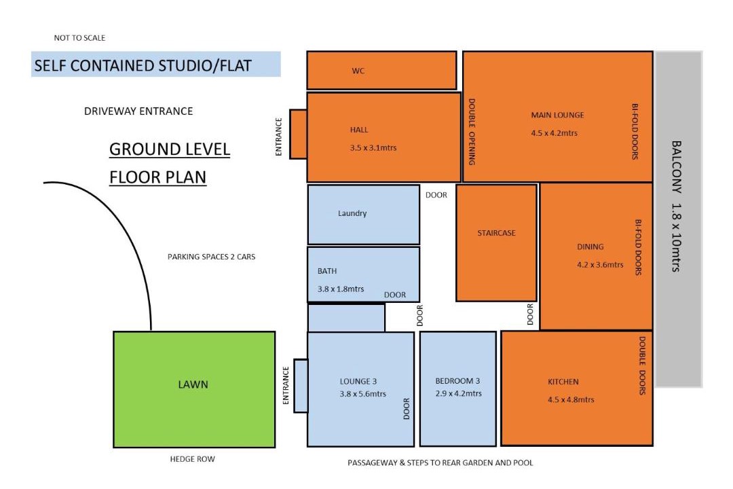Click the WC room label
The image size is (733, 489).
358,71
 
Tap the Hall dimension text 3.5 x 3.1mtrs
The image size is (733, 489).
373,147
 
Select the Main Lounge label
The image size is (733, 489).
557,115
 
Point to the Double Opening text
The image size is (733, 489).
472,132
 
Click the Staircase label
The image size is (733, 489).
496,232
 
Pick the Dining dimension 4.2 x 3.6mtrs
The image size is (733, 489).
600,264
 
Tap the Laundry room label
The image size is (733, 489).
352,213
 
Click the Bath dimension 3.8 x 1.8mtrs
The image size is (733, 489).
340,289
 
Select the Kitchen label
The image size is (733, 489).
563,382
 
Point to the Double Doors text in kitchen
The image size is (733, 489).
642,365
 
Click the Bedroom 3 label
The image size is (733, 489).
457,381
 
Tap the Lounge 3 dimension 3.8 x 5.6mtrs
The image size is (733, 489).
362,393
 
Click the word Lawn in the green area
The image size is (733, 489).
193,384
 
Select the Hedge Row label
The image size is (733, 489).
192,459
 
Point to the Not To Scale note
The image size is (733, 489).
79,38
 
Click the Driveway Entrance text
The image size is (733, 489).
138,111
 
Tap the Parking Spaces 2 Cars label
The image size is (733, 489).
211,257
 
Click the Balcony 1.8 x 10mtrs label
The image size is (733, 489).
676,206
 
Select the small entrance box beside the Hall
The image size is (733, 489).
298,134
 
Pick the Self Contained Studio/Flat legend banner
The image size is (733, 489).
155,64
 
